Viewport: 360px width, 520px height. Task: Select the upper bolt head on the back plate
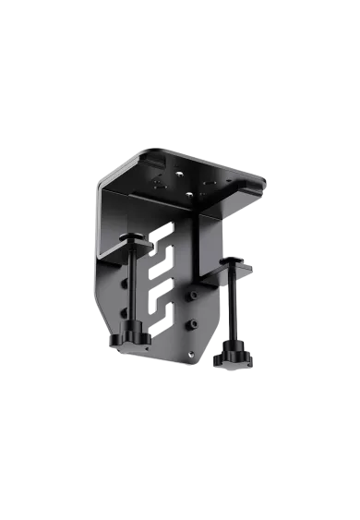(x=194, y=296)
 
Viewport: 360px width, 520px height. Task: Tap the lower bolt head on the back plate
(x=194, y=324)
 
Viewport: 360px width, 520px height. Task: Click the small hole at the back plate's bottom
(x=191, y=352)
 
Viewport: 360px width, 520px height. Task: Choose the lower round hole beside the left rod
(x=123, y=313)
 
